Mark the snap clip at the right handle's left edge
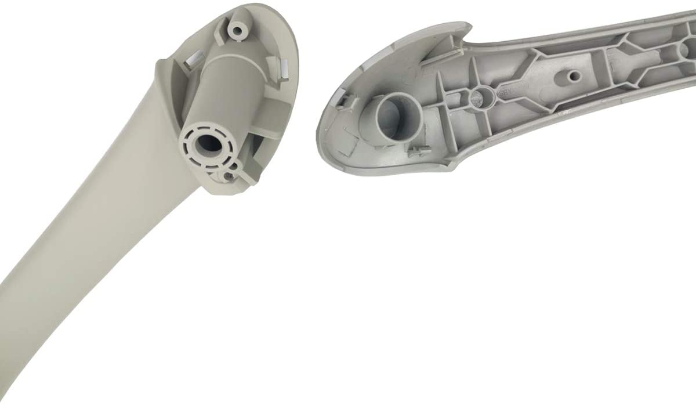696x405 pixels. [343, 104]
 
